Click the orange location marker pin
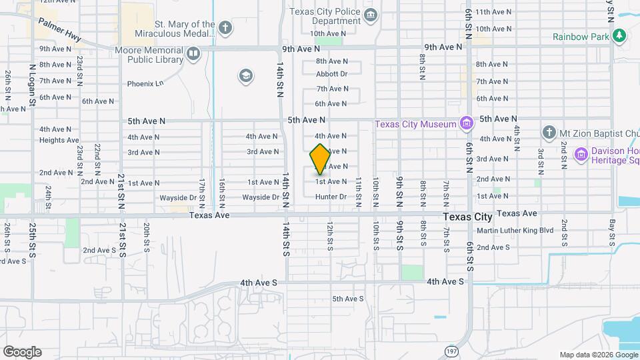[x=320, y=159]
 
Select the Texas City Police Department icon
[x=371, y=15]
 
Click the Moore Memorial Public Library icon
[x=193, y=53]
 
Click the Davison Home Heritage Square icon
[x=581, y=154]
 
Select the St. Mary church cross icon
[x=226, y=28]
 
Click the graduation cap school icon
[x=245, y=76]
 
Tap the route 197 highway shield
[x=451, y=349]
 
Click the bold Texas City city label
[x=469, y=217]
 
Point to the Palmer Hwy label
[x=59, y=31]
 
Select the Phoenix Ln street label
[x=145, y=84]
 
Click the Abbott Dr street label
[x=332, y=74]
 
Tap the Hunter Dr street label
[x=331, y=197]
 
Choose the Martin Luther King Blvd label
[x=515, y=231]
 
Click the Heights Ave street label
[x=59, y=140]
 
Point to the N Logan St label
[x=31, y=86]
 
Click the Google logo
[x=22, y=352]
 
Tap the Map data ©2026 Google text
[x=597, y=355]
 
